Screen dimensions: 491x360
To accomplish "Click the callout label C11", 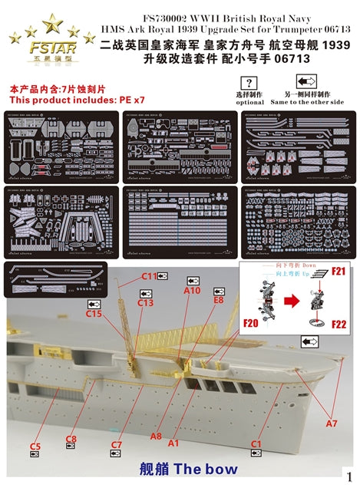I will [149, 275].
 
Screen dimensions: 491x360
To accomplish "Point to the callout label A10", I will [192, 291].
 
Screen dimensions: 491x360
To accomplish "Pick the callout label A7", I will [330, 423].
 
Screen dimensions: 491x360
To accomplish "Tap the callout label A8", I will [156, 436].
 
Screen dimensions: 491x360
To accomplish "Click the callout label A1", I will [173, 443].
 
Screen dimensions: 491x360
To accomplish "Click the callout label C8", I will [71, 439].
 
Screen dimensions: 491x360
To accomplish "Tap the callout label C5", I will [35, 446].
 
